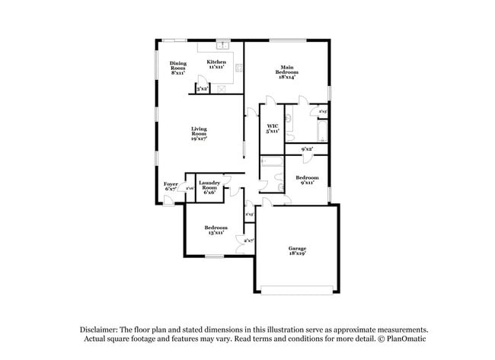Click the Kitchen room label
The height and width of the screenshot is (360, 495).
click(217, 64)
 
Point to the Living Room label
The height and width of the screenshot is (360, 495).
click(200, 134)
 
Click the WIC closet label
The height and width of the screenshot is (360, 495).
click(272, 128)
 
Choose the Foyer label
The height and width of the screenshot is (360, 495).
click(171, 186)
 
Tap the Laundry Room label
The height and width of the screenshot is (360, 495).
click(209, 187)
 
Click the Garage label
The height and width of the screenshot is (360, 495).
click(297, 251)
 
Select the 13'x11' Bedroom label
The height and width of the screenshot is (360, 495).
click(216, 230)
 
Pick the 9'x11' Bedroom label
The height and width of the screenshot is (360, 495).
click(307, 180)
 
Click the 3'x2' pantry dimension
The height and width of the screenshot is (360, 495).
click(203, 89)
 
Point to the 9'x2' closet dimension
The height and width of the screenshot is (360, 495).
click(307, 149)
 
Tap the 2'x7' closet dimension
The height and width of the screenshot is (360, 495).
click(248, 241)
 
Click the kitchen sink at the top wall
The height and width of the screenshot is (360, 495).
click(224, 45)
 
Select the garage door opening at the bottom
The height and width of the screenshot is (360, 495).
click(297, 288)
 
